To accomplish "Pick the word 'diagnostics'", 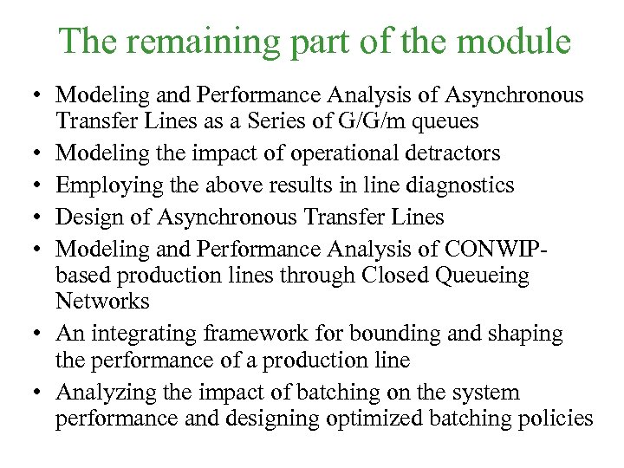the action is [458, 185].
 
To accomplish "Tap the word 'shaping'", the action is [528, 333].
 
